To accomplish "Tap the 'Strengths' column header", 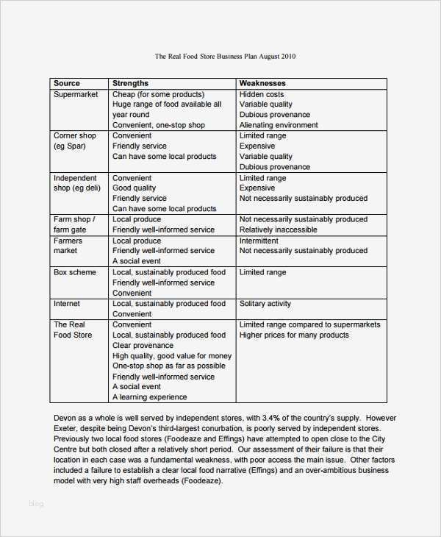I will [130, 83].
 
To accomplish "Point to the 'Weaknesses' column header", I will [262, 83].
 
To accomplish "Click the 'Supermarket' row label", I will [76, 94].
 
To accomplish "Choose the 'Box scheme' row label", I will [74, 272].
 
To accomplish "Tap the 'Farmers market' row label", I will [68, 246].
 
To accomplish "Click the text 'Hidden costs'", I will [262, 94].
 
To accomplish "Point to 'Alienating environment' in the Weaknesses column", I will [279, 125].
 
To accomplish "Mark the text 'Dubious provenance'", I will [275, 115].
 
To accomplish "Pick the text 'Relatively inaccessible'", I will [278, 230].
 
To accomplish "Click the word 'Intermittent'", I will [259, 241].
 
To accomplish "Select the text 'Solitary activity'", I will [265, 304].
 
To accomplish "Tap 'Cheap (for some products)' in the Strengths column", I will [158, 94].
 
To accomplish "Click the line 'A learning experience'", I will [149, 397].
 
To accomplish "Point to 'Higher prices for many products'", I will [294, 335].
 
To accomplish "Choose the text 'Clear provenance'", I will [143, 345].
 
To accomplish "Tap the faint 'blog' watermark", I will [37, 504].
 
